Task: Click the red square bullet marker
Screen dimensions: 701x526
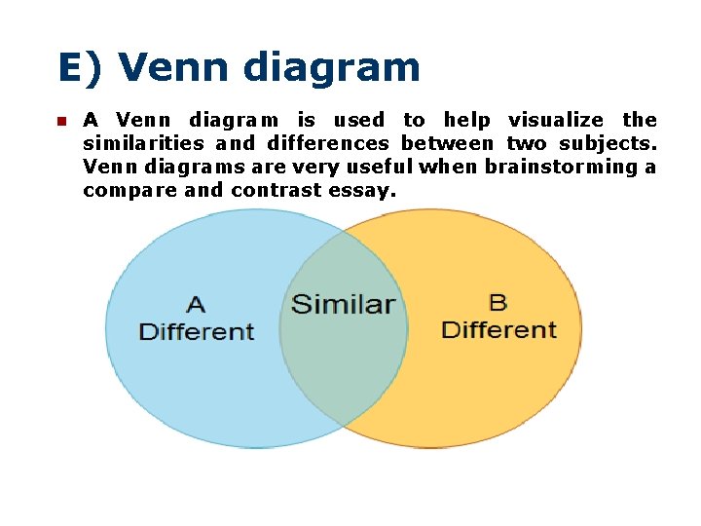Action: click(x=58, y=122)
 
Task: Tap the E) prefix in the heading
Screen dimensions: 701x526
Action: click(x=82, y=67)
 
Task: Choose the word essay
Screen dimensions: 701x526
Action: click(x=362, y=190)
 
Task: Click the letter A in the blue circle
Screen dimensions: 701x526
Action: click(x=196, y=305)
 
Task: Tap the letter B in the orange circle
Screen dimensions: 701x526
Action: click(x=498, y=303)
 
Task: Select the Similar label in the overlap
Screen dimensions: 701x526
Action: click(x=343, y=304)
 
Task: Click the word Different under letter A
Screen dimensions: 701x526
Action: click(x=197, y=331)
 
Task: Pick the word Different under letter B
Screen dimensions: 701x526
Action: click(x=498, y=329)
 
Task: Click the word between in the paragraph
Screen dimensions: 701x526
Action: click(x=447, y=143)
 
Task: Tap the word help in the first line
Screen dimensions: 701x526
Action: click(x=466, y=120)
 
